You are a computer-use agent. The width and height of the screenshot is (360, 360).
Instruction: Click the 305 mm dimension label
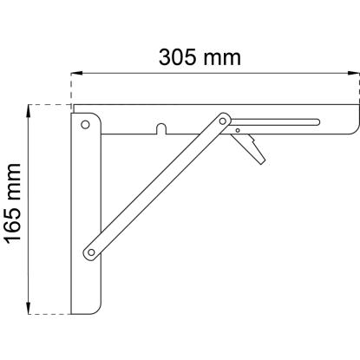click(x=200, y=57)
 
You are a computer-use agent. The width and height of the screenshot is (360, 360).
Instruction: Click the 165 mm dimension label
click(x=13, y=204)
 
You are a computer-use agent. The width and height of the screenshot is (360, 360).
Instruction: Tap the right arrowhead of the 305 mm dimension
click(x=353, y=73)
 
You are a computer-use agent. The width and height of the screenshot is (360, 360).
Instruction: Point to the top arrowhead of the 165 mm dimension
click(x=29, y=110)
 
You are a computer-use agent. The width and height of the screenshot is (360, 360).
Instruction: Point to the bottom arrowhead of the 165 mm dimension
click(x=29, y=308)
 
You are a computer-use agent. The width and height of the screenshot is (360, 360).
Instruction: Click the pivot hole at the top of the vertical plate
click(x=85, y=125)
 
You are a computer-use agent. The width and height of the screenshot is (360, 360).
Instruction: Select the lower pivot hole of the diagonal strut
click(x=91, y=252)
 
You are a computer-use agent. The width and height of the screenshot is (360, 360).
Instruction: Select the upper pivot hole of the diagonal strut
click(x=223, y=121)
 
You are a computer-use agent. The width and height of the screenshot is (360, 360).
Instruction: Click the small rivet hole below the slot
click(x=238, y=130)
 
